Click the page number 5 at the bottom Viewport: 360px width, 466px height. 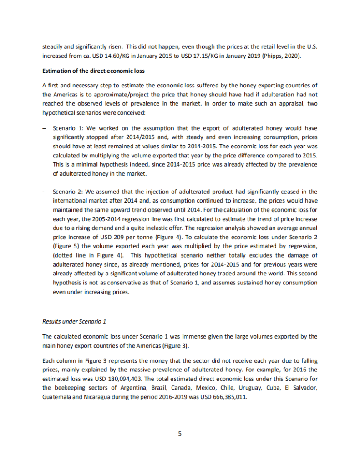(180, 434)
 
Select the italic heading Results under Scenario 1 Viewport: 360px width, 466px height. (74, 321)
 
